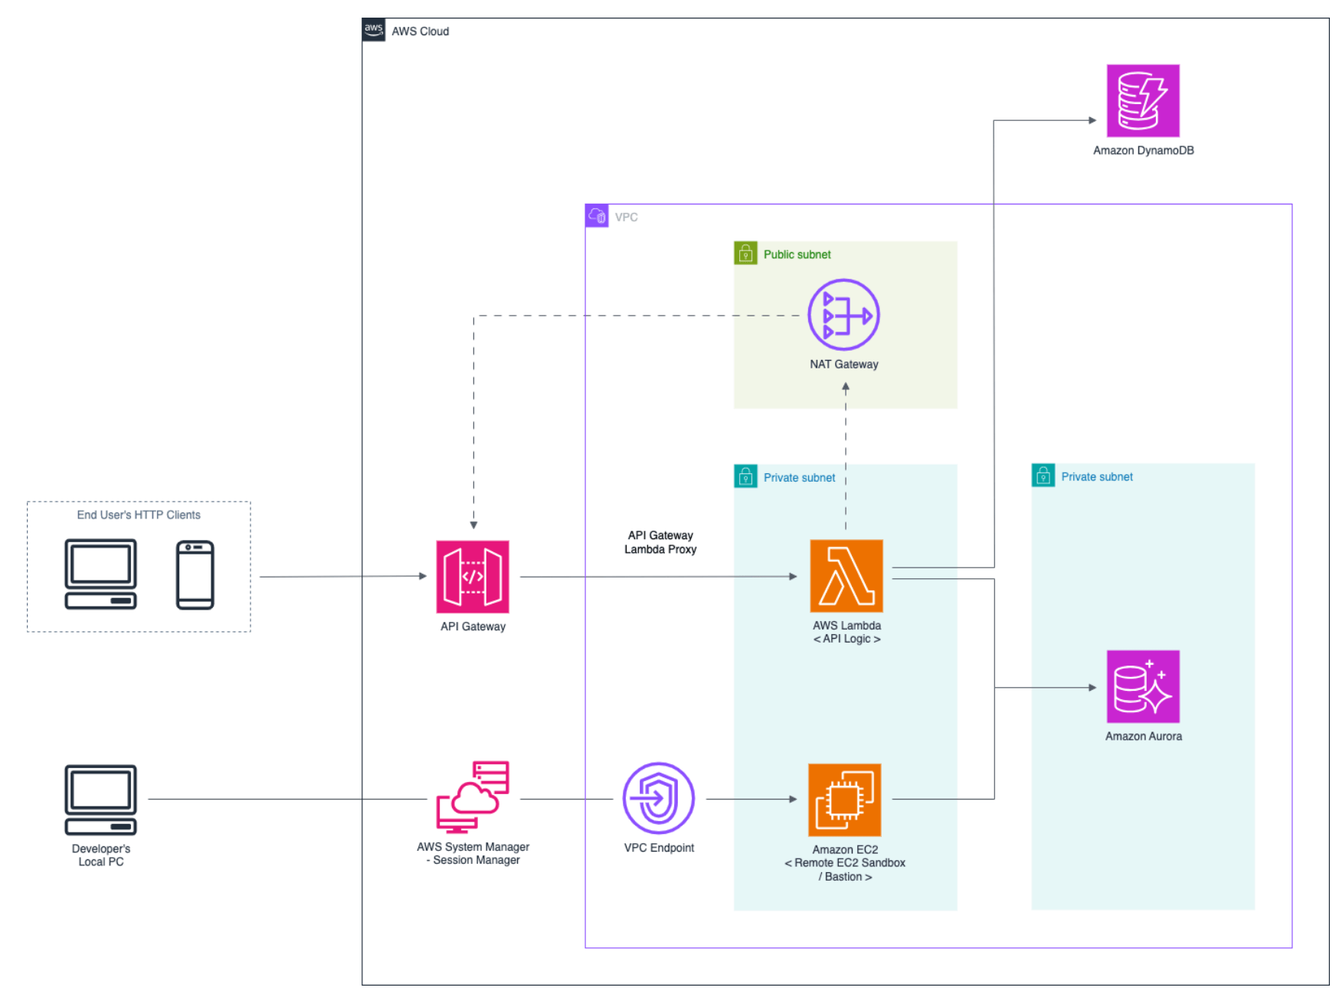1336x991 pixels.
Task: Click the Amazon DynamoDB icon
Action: pyautogui.click(x=1142, y=101)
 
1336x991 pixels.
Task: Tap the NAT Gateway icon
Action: pyautogui.click(x=843, y=315)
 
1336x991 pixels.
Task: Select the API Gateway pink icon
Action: pyautogui.click(x=473, y=577)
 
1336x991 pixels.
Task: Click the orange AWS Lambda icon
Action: pyautogui.click(x=846, y=576)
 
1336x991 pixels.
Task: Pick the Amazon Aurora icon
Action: pyautogui.click(x=1142, y=686)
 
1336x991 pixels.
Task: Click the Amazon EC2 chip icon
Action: pyautogui.click(x=844, y=800)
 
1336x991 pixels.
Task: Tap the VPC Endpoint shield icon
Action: pyautogui.click(x=658, y=798)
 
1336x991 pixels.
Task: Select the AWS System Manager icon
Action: pyautogui.click(x=473, y=797)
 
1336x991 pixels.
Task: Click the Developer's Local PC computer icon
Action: pyautogui.click(x=100, y=800)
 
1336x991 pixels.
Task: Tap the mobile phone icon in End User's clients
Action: pyautogui.click(x=195, y=575)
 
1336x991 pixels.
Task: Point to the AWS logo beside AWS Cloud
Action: pyautogui.click(x=374, y=30)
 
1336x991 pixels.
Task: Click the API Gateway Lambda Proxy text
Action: pyautogui.click(x=660, y=542)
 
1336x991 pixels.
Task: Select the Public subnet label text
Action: pyautogui.click(x=797, y=254)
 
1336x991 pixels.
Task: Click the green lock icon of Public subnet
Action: pyautogui.click(x=745, y=253)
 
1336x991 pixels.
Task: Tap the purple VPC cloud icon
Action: pyautogui.click(x=597, y=216)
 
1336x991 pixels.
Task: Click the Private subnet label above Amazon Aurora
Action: pyautogui.click(x=1096, y=476)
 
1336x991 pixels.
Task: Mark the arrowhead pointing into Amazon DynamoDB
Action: pyautogui.click(x=1092, y=120)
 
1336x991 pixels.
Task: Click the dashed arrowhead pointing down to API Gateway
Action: pyautogui.click(x=473, y=525)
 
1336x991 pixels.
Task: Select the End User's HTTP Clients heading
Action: pyautogui.click(x=139, y=515)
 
